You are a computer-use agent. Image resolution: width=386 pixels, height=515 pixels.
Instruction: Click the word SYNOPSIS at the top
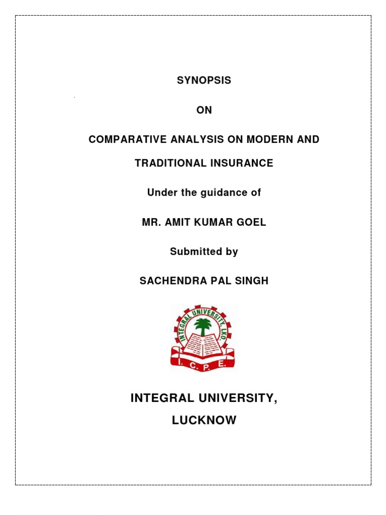coord(204,80)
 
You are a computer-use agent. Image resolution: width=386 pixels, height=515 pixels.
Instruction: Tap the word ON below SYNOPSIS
coord(204,110)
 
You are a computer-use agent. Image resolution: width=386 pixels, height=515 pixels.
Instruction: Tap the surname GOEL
coord(253,222)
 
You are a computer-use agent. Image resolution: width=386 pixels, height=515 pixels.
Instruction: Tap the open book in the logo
coord(203,345)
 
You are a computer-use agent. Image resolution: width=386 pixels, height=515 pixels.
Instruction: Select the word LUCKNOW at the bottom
coord(204,420)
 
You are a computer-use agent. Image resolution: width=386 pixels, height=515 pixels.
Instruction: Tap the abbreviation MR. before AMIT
coord(151,222)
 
